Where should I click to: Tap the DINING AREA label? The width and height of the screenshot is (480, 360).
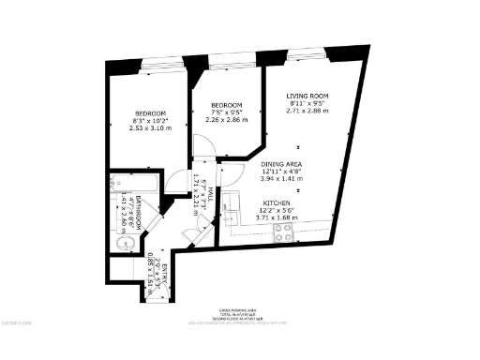pyautogui.click(x=280, y=163)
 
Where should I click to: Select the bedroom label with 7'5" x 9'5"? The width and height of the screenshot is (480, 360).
pyautogui.click(x=227, y=104)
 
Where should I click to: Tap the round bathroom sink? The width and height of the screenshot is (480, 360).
pyautogui.click(x=121, y=243)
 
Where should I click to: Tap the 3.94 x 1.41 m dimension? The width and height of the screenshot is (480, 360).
pyautogui.click(x=280, y=179)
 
